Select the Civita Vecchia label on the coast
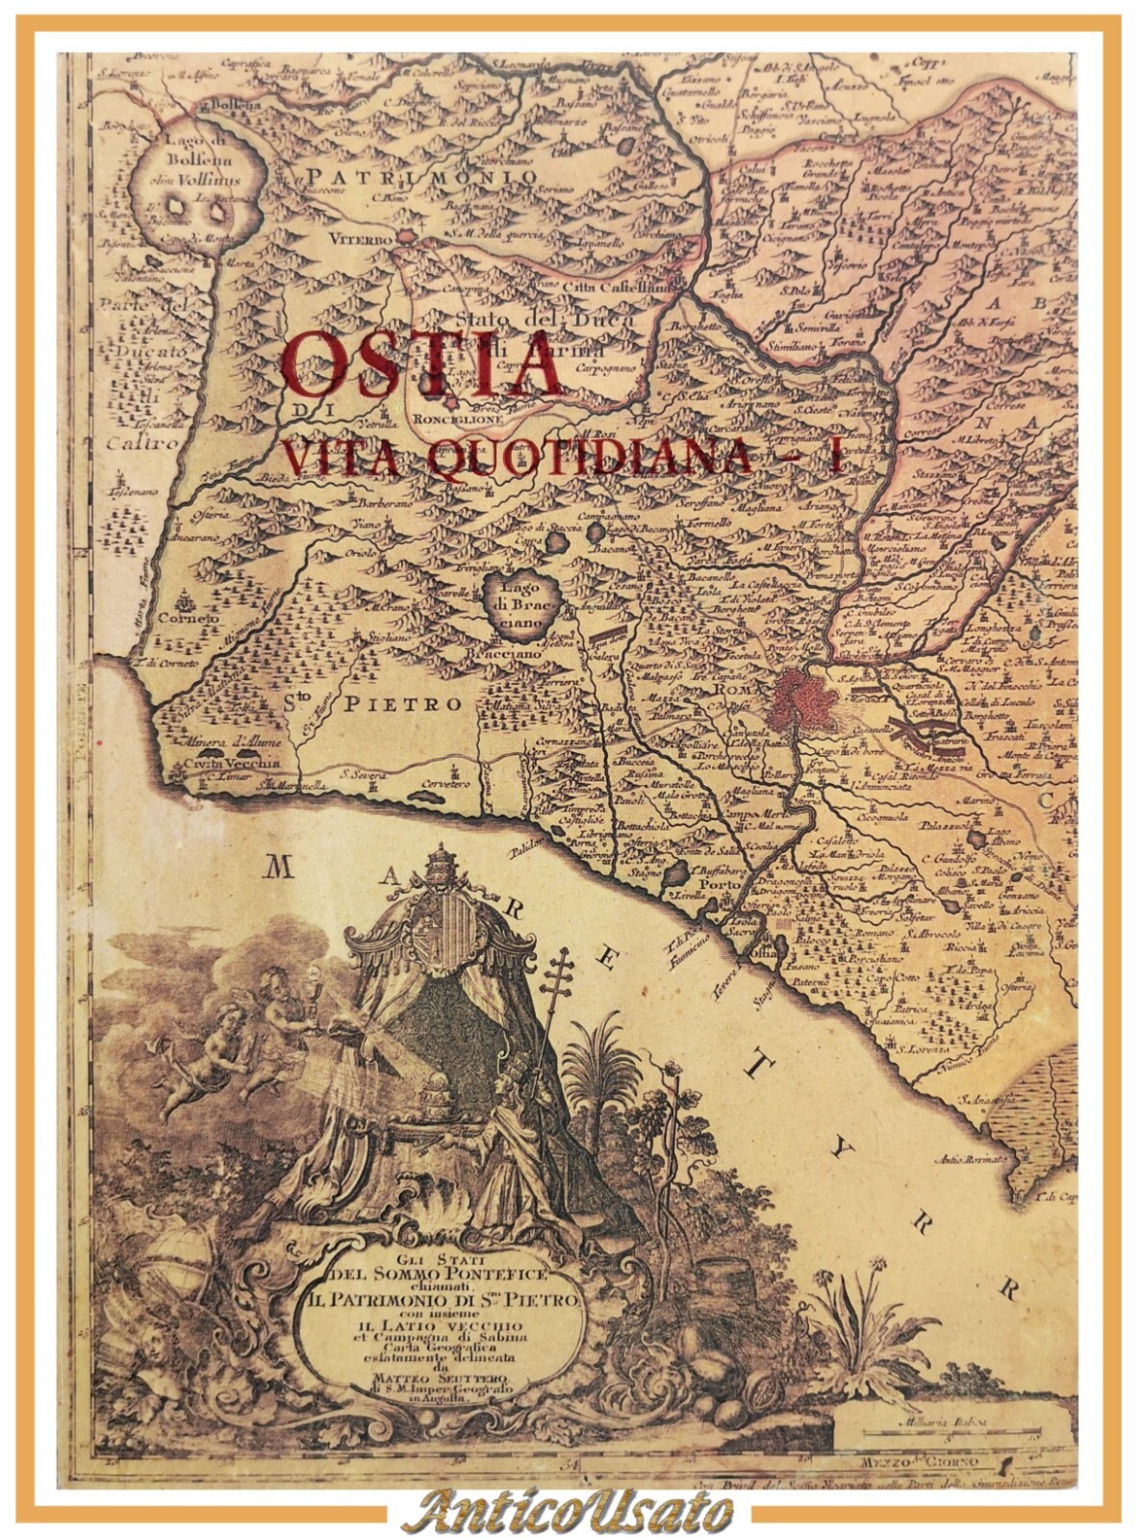(220, 763)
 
